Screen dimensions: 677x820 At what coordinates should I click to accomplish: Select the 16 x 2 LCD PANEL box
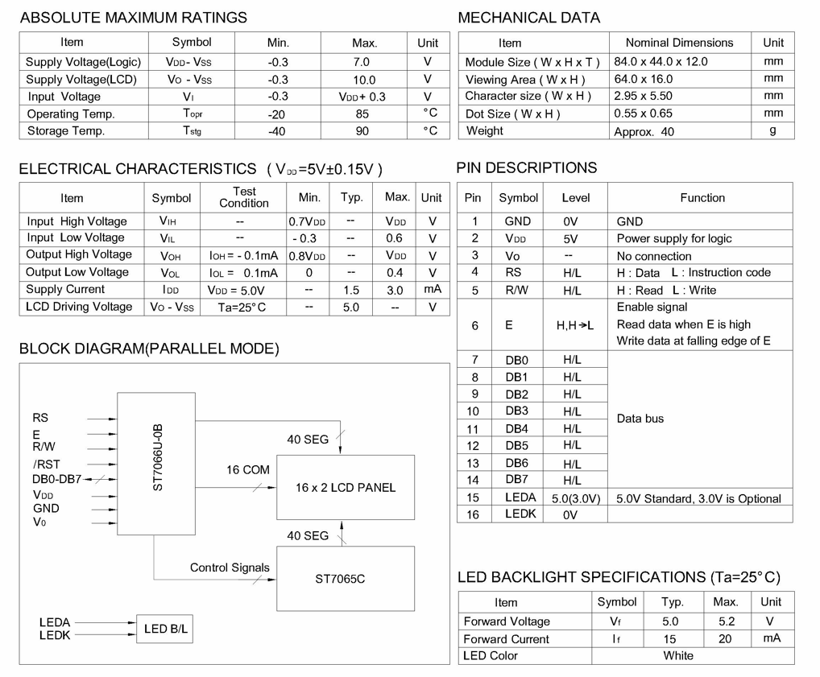(346, 487)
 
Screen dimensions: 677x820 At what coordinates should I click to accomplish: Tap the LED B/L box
(165, 629)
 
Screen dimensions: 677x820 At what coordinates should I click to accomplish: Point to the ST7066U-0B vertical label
(158, 457)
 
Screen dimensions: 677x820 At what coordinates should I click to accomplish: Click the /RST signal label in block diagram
(47, 464)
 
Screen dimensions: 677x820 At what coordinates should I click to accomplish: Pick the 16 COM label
(247, 469)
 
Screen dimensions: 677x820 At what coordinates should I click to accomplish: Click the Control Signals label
(230, 568)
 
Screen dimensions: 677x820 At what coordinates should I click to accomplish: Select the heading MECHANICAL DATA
(528, 18)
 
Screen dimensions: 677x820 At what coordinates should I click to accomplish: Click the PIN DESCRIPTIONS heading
(527, 167)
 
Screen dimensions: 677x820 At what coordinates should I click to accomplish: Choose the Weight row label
(485, 130)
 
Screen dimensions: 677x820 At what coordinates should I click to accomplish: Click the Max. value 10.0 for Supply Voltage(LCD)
(364, 80)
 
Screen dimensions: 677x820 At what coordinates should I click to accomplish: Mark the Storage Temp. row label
(66, 130)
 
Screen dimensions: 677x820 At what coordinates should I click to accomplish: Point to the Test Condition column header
(244, 197)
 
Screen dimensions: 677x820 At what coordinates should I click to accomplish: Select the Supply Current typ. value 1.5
(351, 290)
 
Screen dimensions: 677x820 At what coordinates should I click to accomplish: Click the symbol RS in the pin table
(513, 272)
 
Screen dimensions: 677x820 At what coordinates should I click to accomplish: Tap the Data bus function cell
(640, 419)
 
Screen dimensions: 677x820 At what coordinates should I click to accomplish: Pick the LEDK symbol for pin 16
(520, 514)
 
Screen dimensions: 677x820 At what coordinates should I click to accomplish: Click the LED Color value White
(678, 655)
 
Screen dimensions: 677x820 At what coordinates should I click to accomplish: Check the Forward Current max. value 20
(725, 638)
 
